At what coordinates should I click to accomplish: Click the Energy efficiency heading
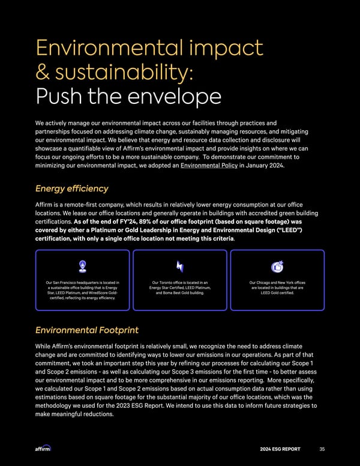pos(72,189)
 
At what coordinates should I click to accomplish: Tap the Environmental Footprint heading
pos(87,330)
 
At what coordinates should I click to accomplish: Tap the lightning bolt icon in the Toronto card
pos(180,266)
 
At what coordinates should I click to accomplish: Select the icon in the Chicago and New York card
pos(277,266)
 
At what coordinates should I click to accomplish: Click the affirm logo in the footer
pos(44,448)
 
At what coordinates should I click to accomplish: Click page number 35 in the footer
pos(322,448)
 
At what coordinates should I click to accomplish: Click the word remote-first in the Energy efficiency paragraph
pos(84,205)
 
